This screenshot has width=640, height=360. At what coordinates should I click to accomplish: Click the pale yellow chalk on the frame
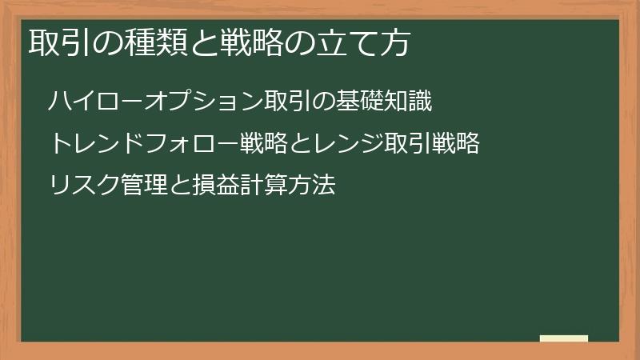pyautogui.click(x=564, y=339)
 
